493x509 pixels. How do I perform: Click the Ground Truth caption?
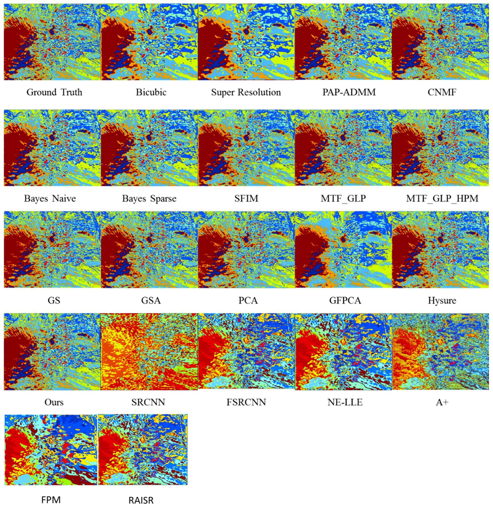point(54,92)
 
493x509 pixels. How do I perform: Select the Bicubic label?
point(151,92)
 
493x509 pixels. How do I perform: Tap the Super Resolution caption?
point(246,92)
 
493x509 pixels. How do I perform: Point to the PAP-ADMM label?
point(349,92)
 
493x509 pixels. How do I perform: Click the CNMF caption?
point(442,92)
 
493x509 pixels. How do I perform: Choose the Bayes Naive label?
point(50,198)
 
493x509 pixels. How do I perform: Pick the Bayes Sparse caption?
point(149,198)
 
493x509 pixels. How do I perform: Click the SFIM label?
point(246,198)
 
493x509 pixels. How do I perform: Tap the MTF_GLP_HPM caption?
point(442,198)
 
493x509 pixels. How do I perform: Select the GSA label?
point(151,301)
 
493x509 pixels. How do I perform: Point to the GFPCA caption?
point(345,301)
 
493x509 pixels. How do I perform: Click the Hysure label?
point(442,301)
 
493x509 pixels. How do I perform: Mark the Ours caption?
point(54,402)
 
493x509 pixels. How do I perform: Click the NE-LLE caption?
point(345,402)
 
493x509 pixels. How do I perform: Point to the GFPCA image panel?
point(343,249)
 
